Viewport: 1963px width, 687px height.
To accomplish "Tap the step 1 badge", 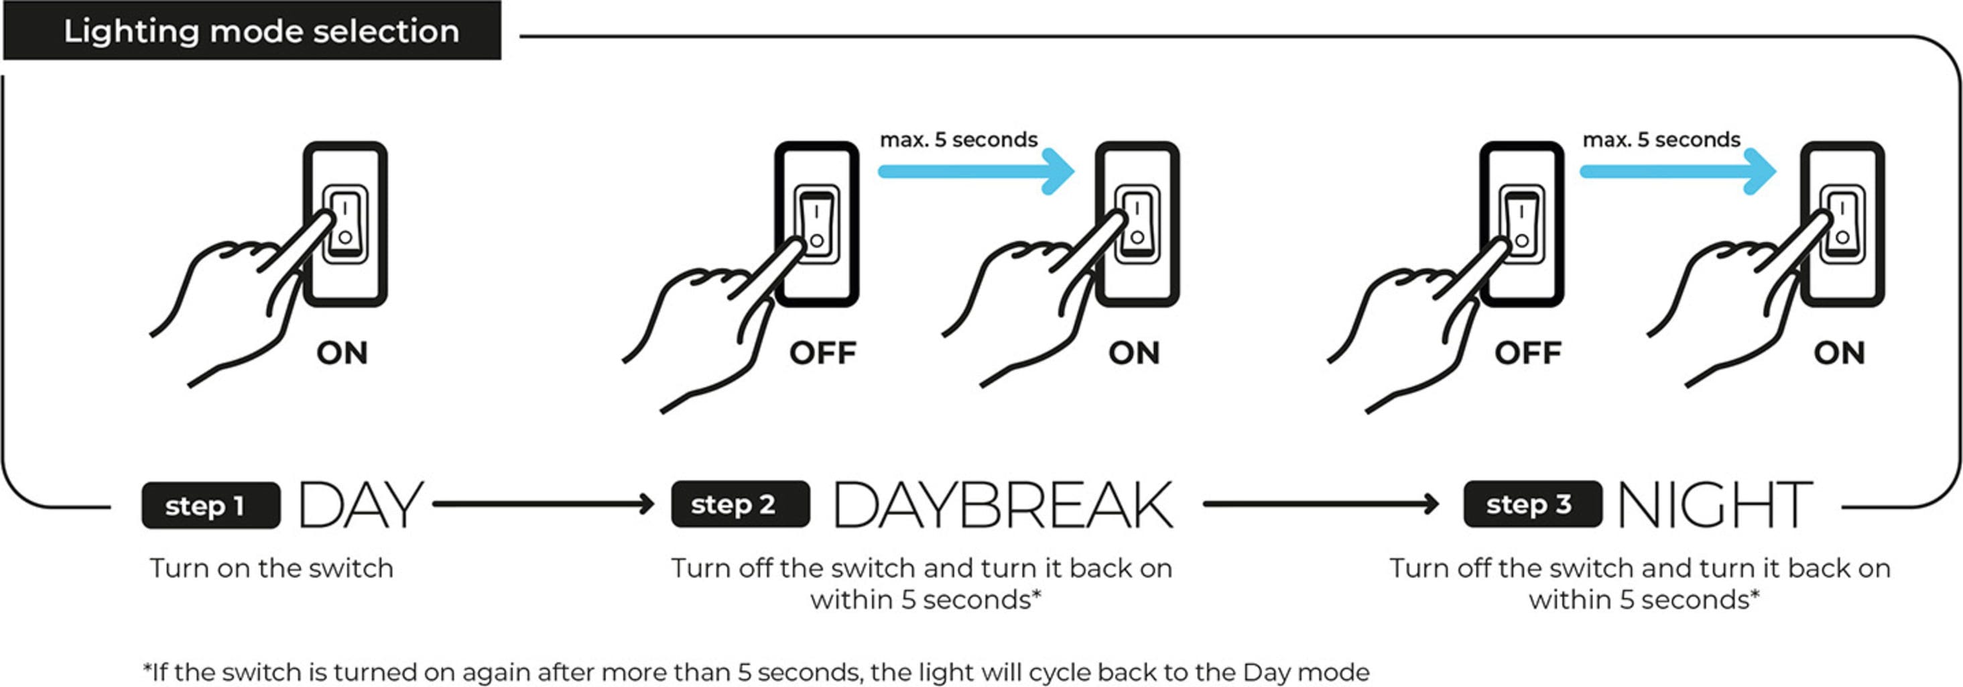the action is tap(210, 505).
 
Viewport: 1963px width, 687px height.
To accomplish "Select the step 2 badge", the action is tap(740, 504).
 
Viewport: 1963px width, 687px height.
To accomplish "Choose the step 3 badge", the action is tap(1533, 504).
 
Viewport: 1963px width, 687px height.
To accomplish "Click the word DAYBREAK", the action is tap(1003, 504).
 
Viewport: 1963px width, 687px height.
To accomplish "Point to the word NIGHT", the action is tap(1714, 504).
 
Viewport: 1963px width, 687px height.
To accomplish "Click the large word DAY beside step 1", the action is tap(361, 504).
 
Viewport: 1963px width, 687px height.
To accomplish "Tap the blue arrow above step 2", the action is tap(976, 172).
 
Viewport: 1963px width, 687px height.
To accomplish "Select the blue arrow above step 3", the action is tap(1678, 172).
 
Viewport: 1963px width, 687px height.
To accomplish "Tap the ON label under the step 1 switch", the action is tap(342, 353).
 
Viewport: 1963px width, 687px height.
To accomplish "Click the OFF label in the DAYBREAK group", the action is tap(823, 353).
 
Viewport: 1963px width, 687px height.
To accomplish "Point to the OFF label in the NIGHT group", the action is tap(1528, 353).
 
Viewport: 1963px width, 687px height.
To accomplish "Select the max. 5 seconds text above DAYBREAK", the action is tap(958, 140).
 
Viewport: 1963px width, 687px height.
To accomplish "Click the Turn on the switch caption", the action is tap(271, 569).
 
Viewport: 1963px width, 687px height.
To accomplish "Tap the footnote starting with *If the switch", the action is tap(756, 672).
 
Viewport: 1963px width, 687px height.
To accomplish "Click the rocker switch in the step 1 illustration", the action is tap(345, 224).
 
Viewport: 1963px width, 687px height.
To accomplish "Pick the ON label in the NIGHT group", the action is tap(1840, 353).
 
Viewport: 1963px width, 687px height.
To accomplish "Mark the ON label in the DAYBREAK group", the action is tap(1135, 353).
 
